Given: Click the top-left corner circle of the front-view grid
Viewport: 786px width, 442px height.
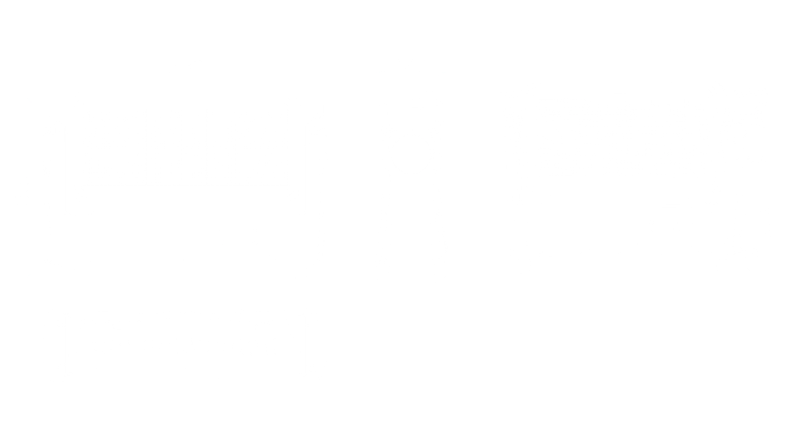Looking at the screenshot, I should [x=79, y=99].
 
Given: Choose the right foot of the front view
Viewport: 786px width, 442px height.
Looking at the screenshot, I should [x=301, y=272].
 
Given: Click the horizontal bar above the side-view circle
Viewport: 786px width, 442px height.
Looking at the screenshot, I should [x=409, y=110].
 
